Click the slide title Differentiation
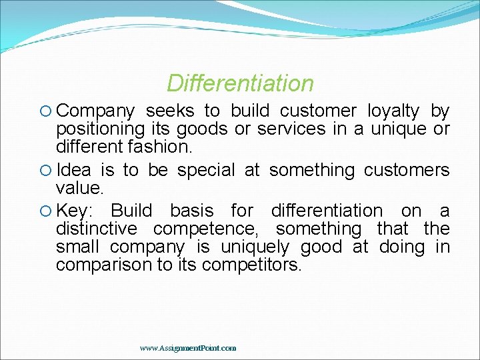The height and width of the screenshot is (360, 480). point(240,83)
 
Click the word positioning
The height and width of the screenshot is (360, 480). point(101,129)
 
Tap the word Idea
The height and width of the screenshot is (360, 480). point(74,171)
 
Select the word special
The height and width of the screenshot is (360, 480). point(205,171)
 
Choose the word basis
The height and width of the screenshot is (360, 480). point(192,211)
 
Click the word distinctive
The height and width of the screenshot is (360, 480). point(96,229)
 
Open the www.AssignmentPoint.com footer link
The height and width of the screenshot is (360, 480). point(188,348)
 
